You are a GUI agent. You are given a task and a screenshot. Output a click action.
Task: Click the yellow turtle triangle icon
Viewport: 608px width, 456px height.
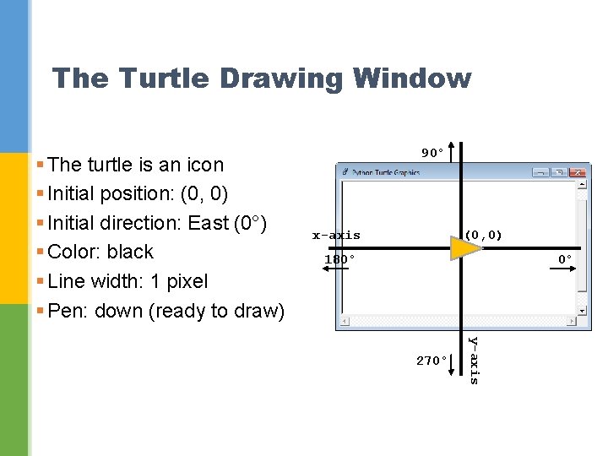tap(464, 247)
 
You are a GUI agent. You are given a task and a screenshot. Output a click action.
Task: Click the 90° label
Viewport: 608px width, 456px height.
tap(432, 154)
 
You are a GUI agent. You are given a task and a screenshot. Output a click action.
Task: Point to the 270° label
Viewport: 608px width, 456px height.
tap(432, 361)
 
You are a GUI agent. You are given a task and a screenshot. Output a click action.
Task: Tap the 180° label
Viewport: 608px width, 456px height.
tap(340, 259)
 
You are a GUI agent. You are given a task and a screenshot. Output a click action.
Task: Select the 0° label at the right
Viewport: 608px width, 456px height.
tap(565, 259)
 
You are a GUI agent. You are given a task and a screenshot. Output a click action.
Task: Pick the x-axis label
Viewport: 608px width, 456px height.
tap(336, 236)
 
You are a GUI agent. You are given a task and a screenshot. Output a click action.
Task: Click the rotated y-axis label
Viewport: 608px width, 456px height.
tap(474, 361)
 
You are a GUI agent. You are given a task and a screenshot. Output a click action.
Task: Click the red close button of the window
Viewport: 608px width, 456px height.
tap(577, 172)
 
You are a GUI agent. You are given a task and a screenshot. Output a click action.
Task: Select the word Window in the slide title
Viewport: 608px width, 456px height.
tap(413, 79)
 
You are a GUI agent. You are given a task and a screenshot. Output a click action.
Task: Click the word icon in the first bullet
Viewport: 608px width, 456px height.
tap(205, 165)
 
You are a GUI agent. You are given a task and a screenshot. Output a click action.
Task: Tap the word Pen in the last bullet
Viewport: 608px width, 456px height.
tap(68, 311)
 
